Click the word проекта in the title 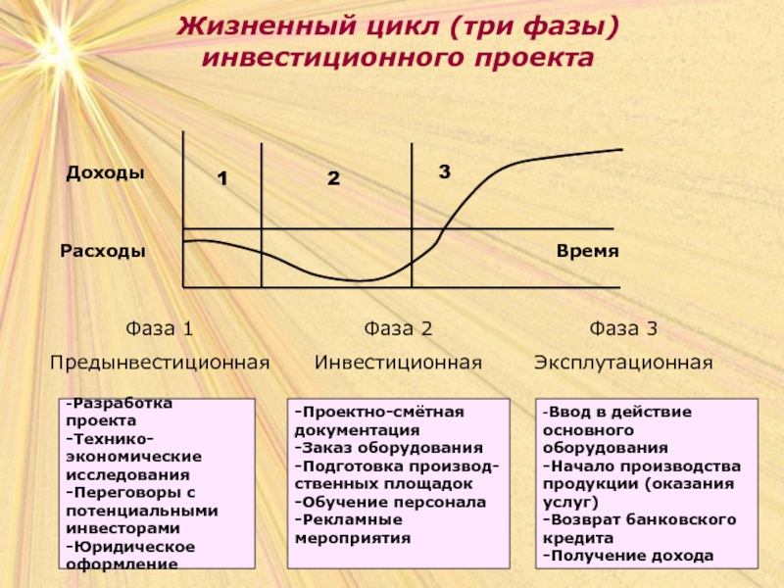[x=534, y=58]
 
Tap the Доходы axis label [x=105, y=172]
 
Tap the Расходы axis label [x=103, y=251]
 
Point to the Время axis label [x=587, y=251]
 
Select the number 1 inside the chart [x=222, y=178]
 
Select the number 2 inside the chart [x=333, y=178]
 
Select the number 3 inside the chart [x=445, y=171]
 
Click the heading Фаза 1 [x=160, y=328]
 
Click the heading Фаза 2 [x=398, y=328]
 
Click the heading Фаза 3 [x=623, y=328]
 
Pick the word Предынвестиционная [x=160, y=363]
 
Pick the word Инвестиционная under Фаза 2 [x=398, y=363]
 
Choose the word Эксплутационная [x=623, y=363]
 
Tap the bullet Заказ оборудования [x=389, y=448]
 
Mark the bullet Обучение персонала [x=390, y=502]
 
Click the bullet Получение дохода [x=628, y=556]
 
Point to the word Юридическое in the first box [x=130, y=547]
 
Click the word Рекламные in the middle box [x=349, y=519]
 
